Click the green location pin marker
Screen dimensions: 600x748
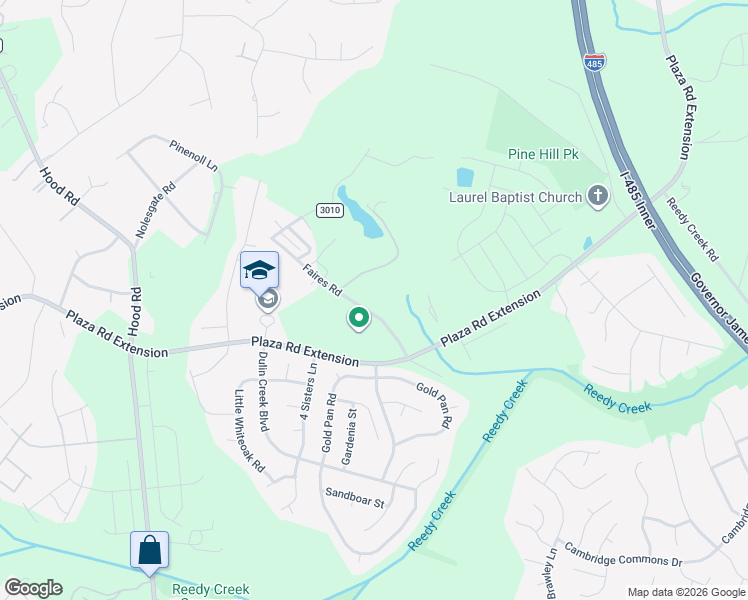tap(359, 318)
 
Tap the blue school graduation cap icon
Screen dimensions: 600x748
tap(259, 270)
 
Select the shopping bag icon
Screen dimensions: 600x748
tap(149, 550)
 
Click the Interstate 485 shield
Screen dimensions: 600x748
tap(594, 62)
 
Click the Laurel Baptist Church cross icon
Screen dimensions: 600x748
tap(598, 196)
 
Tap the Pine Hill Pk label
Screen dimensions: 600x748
tap(543, 155)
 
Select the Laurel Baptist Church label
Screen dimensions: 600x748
tap(516, 197)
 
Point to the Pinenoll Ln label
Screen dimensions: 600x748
tap(193, 156)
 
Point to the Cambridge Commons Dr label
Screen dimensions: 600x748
tap(622, 555)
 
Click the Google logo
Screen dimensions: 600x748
tap(33, 588)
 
